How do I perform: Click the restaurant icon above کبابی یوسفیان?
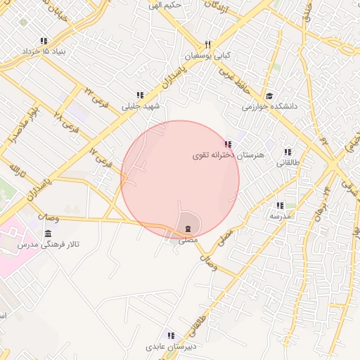point(207,44)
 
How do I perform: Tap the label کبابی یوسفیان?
point(209,55)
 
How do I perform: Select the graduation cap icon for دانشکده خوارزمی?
point(269,96)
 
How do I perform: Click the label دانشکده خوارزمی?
point(271,107)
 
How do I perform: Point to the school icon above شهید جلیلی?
point(141,96)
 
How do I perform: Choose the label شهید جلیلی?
point(141,106)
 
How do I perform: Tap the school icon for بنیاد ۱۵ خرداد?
point(44,41)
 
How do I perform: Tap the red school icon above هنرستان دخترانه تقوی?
point(226,144)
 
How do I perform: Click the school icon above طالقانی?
point(287,152)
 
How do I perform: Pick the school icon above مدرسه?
point(280,206)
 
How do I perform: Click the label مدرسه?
point(280,217)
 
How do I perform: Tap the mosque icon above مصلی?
point(188,229)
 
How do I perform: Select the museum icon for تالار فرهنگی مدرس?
point(48,233)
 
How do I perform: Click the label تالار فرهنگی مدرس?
point(49,244)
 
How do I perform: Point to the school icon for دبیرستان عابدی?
point(169,336)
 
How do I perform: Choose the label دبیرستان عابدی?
point(169,347)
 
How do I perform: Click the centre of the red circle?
point(180,180)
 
